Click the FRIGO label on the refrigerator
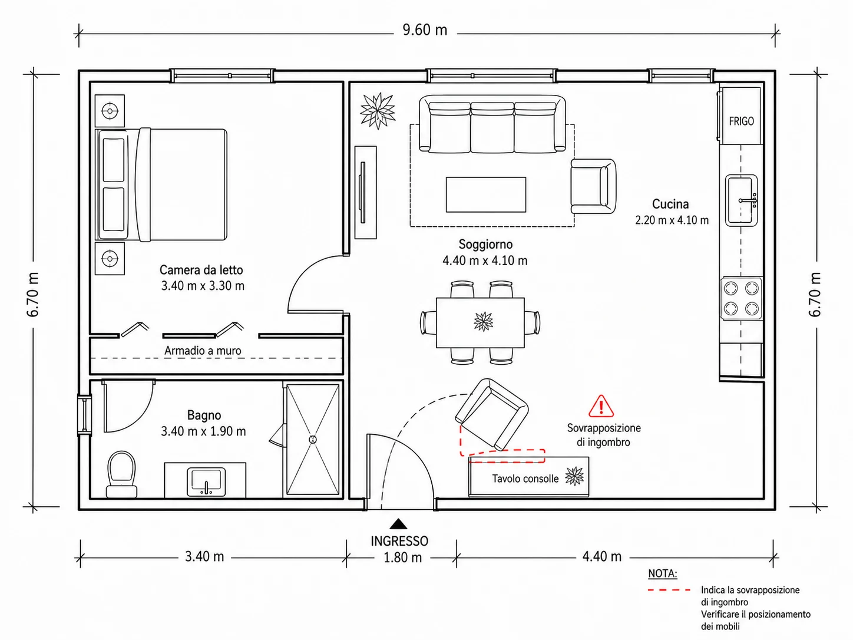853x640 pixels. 741,121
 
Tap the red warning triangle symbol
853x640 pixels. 601,406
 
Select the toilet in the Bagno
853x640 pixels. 121,474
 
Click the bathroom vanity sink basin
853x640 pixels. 206,482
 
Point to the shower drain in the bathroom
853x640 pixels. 313,440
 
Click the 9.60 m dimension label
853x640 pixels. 425,30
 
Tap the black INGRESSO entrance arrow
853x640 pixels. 398,524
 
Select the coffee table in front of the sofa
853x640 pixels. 486,194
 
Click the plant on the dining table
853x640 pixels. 484,321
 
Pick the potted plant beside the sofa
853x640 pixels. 378,110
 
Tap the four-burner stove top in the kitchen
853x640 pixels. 742,298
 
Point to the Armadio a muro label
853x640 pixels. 203,351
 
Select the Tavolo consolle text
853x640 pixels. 525,479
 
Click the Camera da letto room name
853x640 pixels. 201,270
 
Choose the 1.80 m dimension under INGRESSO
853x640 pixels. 402,557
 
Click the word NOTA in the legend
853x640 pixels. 663,573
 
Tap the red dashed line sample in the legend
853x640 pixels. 669,590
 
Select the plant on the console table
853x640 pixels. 574,476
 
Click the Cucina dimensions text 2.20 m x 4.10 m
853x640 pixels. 672,220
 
